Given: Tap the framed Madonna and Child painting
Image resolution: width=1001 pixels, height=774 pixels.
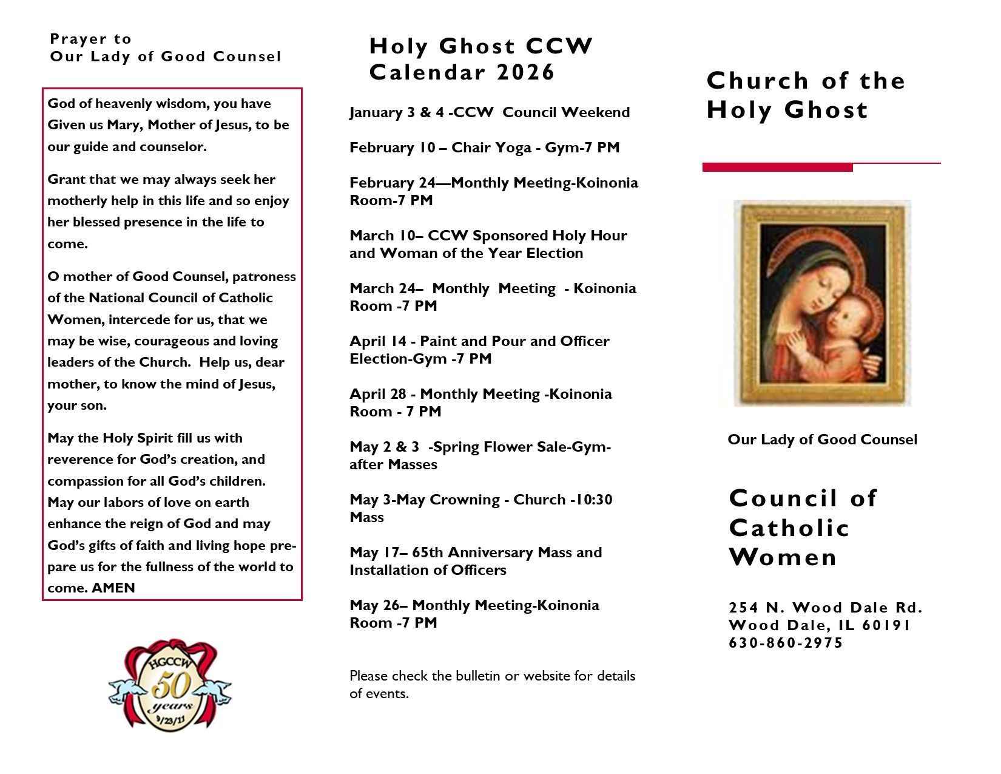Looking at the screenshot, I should [x=822, y=303].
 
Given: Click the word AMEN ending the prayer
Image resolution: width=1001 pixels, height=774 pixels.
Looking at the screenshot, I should [x=113, y=588].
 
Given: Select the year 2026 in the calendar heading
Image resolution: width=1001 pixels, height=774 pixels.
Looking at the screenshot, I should [x=525, y=72].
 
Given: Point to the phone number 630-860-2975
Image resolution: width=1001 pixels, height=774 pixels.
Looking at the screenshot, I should [x=786, y=643].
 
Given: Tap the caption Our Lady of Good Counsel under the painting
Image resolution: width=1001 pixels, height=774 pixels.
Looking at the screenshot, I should [x=822, y=440].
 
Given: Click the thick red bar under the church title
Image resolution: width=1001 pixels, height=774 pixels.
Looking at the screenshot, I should [x=777, y=168].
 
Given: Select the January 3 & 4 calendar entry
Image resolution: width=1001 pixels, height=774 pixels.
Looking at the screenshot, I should [x=490, y=112].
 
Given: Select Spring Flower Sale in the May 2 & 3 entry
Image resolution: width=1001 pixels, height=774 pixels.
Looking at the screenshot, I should [x=498, y=447].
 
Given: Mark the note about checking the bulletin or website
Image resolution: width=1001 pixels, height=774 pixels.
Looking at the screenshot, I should [x=492, y=684].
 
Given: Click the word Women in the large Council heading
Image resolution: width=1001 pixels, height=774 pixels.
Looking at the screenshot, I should [x=783, y=557].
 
